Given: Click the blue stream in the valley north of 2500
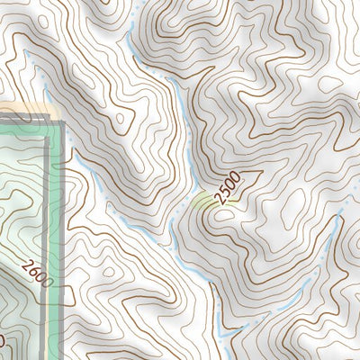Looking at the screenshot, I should (184, 126).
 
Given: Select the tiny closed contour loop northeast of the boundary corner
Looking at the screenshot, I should (120, 117).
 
